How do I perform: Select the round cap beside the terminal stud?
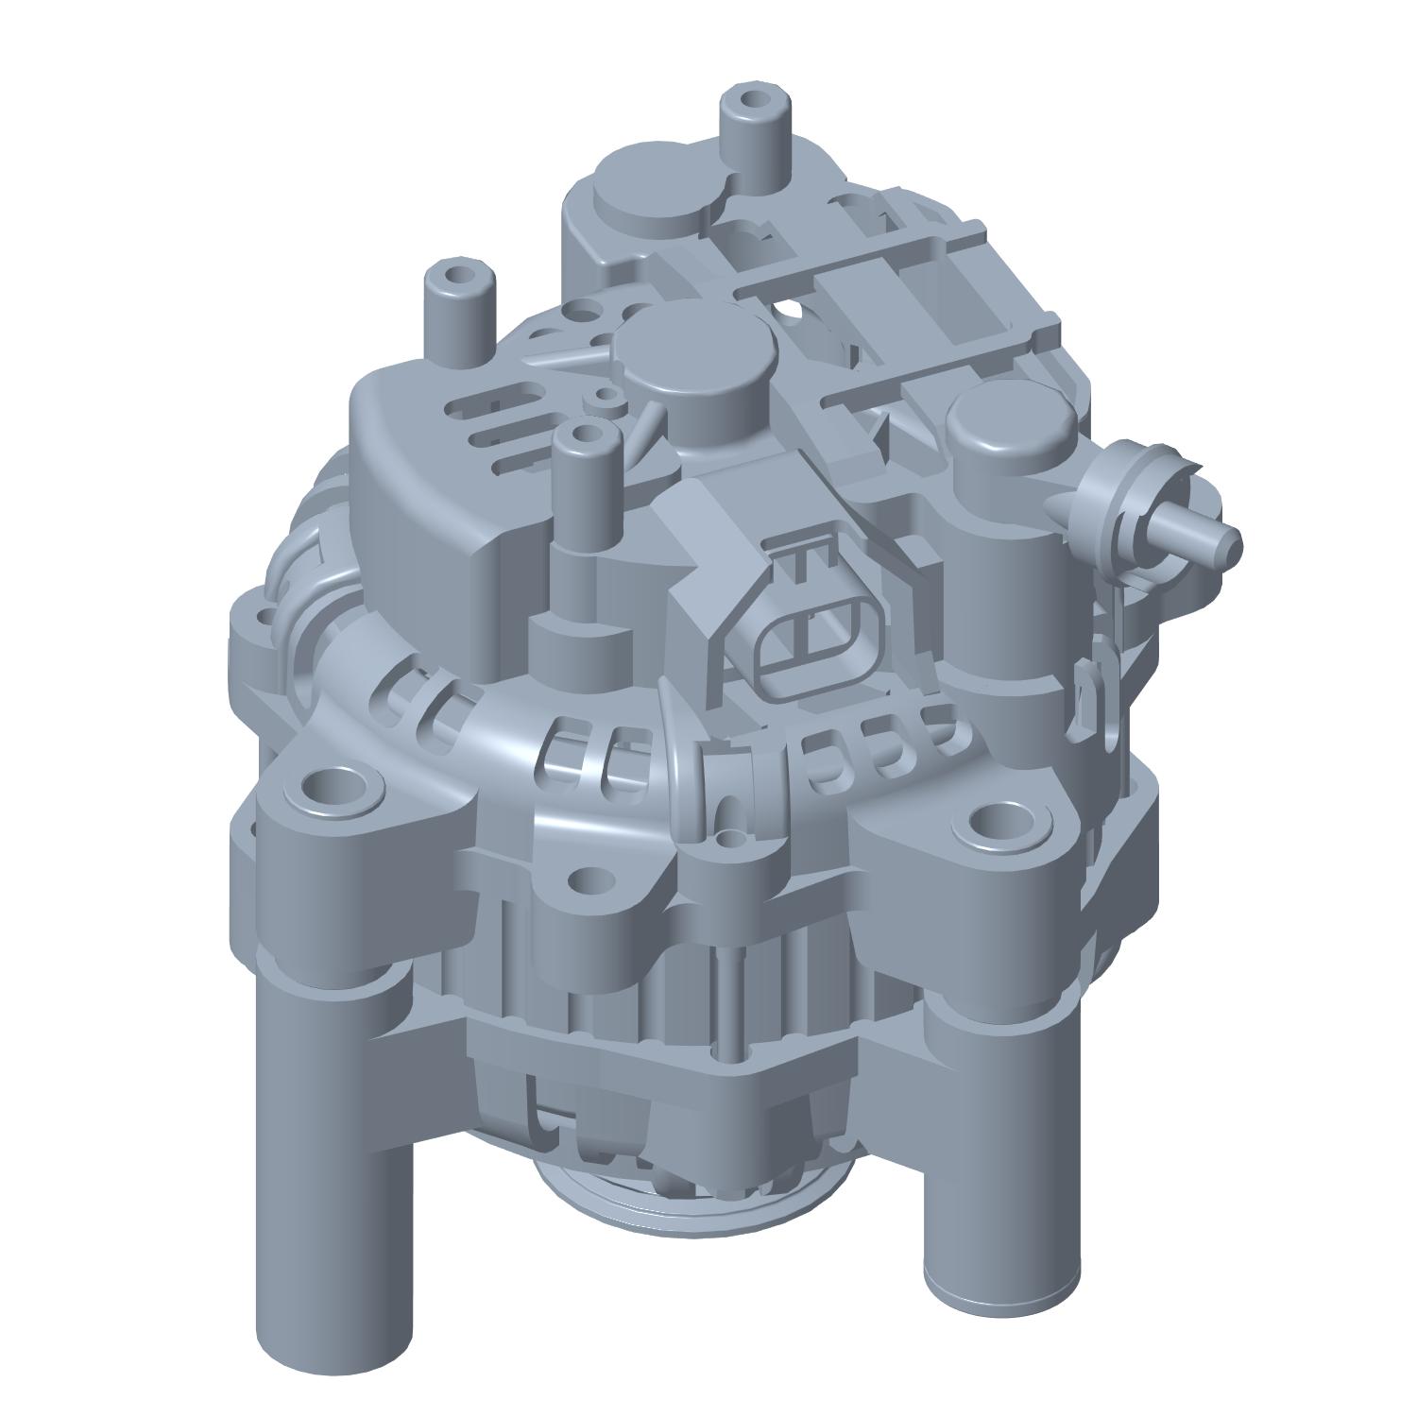(1010, 427)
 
